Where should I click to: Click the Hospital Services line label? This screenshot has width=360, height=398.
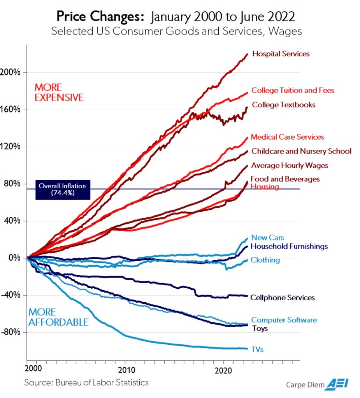point(281,54)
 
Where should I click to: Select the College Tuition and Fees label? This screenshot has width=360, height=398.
point(293,90)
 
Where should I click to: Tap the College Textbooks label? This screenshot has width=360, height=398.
point(283,105)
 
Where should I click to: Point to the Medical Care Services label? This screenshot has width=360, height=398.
point(287,137)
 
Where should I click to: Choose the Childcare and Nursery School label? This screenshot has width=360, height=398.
point(301,151)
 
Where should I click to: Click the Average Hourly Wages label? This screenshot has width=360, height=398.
point(290,165)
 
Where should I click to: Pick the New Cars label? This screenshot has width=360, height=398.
point(267,237)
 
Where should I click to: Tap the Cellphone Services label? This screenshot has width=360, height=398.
point(283,298)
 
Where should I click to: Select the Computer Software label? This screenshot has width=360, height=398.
point(284,320)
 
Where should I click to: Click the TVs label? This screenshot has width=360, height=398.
point(257,349)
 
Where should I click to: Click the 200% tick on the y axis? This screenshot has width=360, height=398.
point(13,72)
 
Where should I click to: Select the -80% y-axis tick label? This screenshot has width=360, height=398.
point(14,332)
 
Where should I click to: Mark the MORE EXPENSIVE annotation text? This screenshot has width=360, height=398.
point(59,92)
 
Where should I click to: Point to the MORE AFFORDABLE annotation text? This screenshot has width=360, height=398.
point(58,317)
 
